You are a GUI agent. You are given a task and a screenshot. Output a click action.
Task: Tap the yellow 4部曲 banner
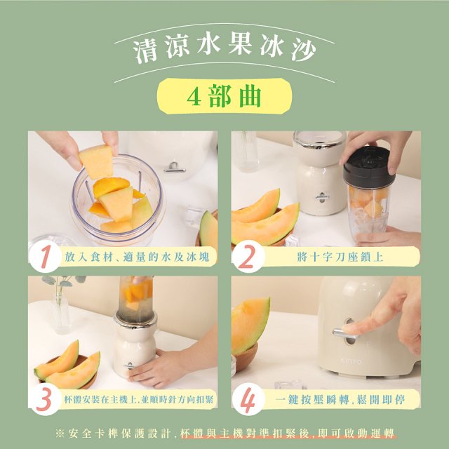pyautogui.click(x=224, y=96)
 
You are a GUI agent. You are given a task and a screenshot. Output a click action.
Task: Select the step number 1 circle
pyautogui.click(x=46, y=257)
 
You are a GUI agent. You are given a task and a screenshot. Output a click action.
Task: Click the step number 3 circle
pyautogui.click(x=46, y=399)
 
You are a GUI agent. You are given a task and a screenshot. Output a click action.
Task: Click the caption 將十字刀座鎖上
pyautogui.click(x=340, y=257)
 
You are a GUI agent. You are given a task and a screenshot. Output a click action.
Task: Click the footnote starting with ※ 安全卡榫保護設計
pyautogui.click(x=224, y=432)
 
